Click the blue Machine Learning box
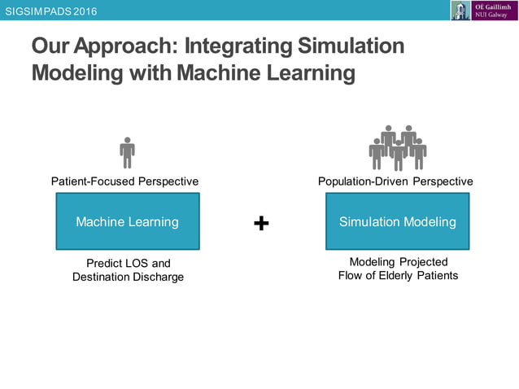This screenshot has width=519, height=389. [x=128, y=221]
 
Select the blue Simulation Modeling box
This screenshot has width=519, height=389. [x=397, y=221]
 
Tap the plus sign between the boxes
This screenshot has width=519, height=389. [x=261, y=223]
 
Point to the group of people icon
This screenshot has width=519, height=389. [x=397, y=147]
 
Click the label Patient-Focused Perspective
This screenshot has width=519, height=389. [x=124, y=181]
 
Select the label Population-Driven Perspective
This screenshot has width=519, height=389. [x=395, y=181]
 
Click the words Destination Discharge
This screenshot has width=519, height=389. [x=128, y=277]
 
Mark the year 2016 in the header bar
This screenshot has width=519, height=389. [x=83, y=10]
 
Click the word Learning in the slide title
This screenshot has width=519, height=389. [x=306, y=74]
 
